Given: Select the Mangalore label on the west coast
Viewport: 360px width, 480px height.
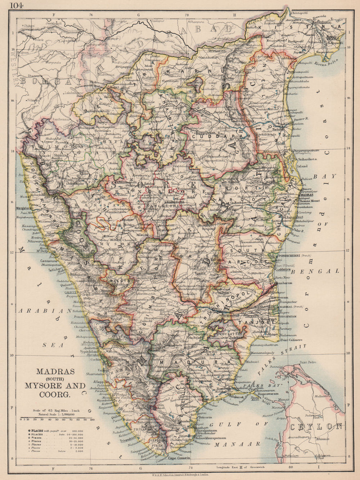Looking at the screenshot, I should pos(24,208).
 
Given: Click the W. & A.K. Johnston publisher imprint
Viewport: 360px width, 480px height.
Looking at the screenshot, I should pos(180,474).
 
